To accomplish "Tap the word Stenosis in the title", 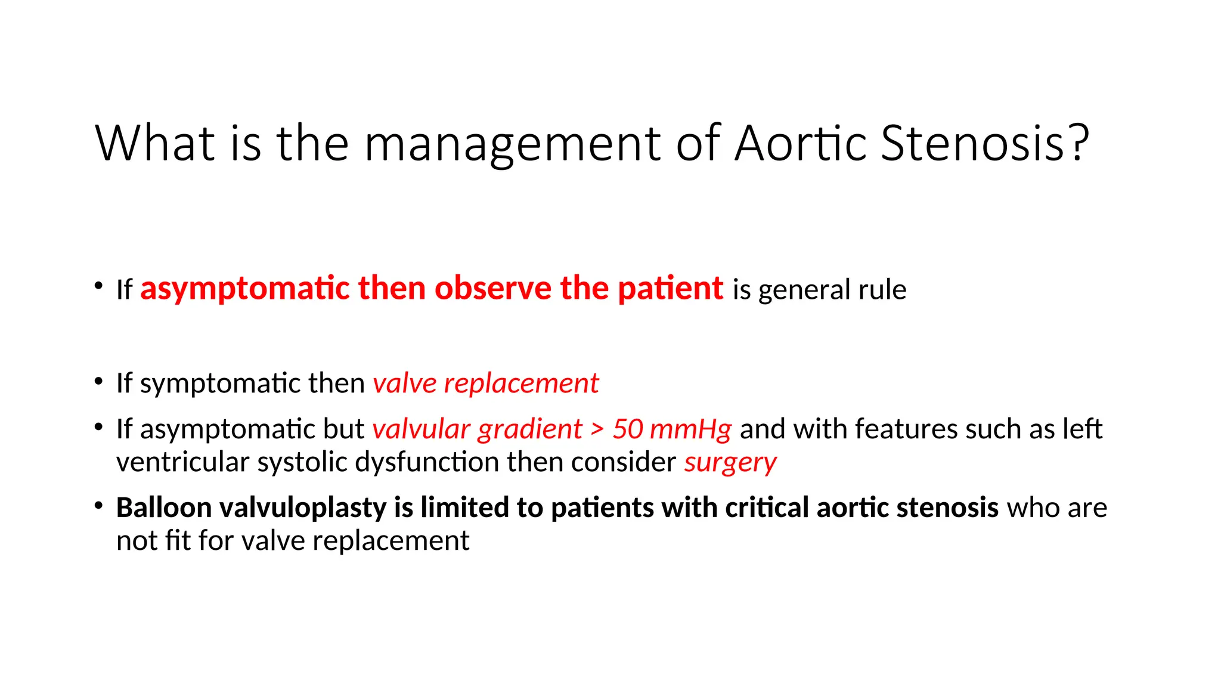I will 972,143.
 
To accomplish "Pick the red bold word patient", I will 670,289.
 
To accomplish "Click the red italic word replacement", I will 521,383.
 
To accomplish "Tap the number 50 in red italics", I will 627,429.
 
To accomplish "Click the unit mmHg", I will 690,429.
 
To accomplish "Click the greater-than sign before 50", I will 597,430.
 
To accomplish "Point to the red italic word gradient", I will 529,429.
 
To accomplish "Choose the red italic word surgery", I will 730,463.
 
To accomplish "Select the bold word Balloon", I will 164,507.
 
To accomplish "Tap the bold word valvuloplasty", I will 303,509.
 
